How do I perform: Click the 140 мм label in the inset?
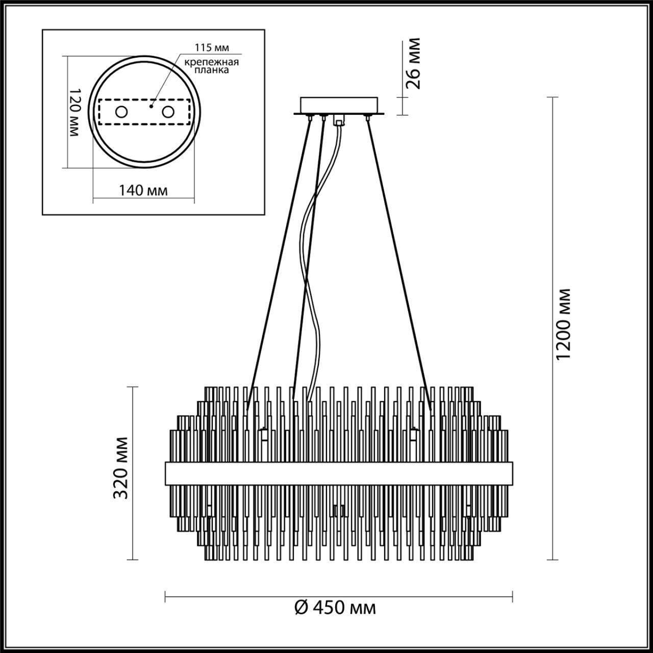coord(143,190)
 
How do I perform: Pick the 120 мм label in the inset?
coord(74,112)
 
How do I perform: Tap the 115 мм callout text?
coord(212,47)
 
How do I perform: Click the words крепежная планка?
coord(212,66)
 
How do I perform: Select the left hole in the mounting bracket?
coord(121,112)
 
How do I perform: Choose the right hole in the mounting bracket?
coord(167,112)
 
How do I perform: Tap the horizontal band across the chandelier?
coord(339,474)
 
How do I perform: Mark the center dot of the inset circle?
coord(152,107)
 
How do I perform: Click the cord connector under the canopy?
coord(338,121)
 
